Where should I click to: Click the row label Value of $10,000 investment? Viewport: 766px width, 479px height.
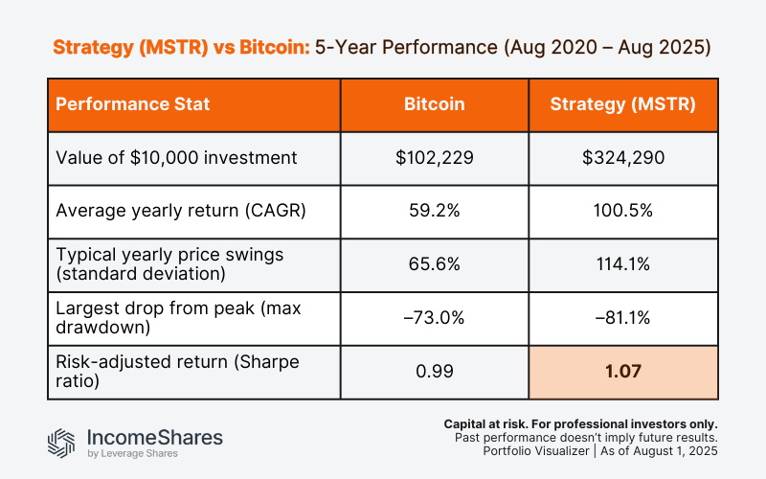click(x=162, y=158)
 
